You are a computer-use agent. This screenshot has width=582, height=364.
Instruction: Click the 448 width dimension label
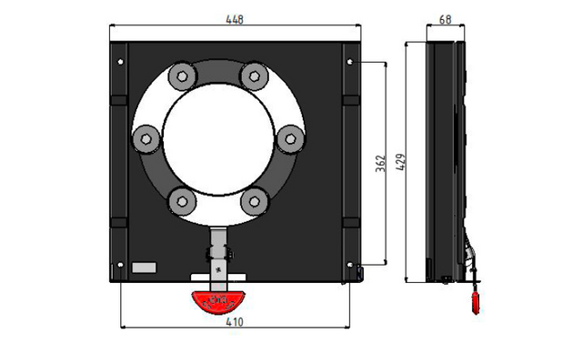[235, 19]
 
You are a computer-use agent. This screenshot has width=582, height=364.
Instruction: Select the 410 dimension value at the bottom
[235, 321]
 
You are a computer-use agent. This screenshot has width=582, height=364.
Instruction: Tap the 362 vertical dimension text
[381, 164]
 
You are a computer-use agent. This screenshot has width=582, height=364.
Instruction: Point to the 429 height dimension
[400, 162]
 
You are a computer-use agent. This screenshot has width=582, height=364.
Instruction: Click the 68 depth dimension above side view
[445, 19]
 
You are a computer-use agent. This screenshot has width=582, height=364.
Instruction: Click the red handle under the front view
[218, 301]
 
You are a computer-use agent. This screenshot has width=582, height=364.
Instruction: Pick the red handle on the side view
[476, 303]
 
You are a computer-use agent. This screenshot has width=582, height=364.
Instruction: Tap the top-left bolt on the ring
[182, 76]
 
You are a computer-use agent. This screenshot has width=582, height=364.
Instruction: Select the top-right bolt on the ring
[255, 76]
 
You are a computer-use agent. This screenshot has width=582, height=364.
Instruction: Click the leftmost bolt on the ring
[146, 139]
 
